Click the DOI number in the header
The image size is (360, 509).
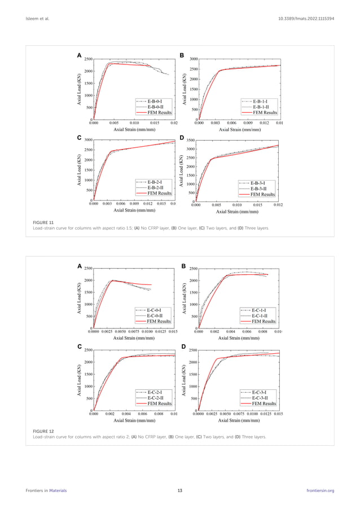tap(306, 19)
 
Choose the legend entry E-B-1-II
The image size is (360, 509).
tap(264, 106)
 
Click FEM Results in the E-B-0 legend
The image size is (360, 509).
tap(159, 112)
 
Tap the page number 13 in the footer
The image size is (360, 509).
tap(179, 490)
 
